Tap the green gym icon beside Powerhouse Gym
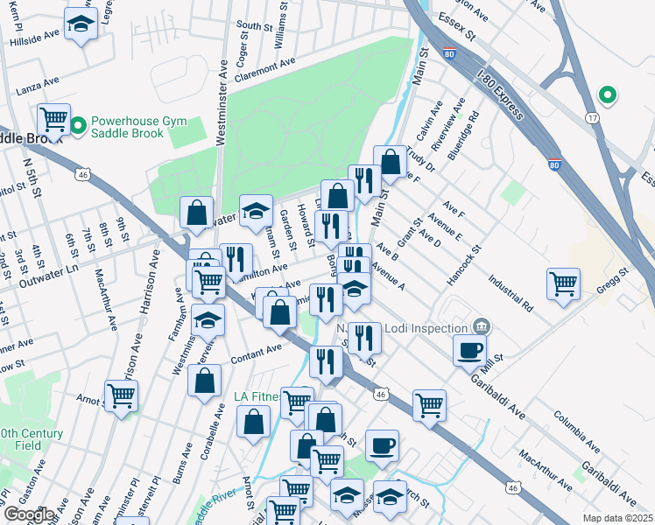78,127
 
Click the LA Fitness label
257,396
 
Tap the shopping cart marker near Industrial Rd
562,283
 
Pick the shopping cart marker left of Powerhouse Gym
54,118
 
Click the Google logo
29,514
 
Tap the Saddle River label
213,508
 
